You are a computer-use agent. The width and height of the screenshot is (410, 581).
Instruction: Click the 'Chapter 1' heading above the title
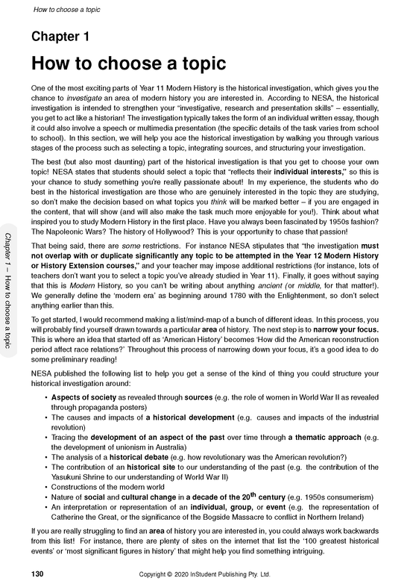click(60, 37)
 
